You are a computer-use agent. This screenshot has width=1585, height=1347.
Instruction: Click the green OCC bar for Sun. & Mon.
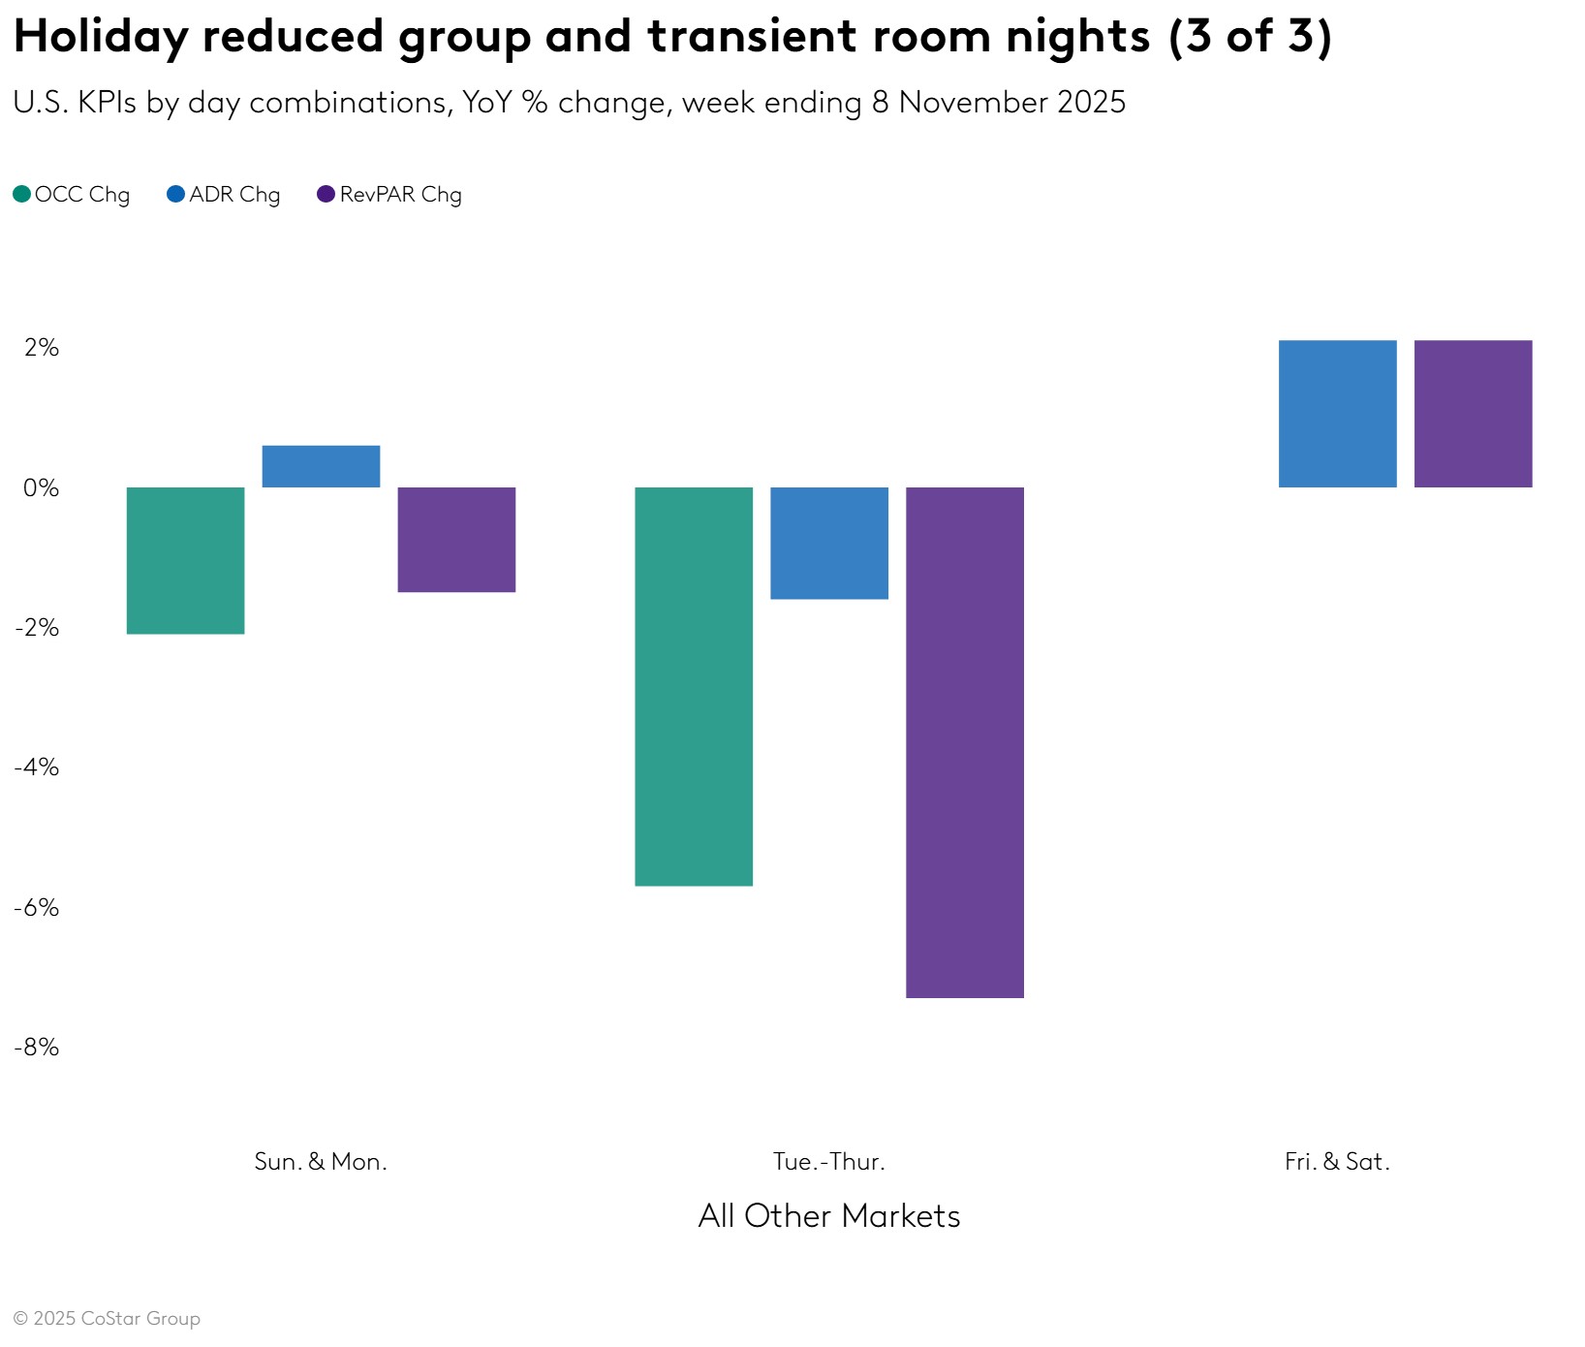(x=185, y=560)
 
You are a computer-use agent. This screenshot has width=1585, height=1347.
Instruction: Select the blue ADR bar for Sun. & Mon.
(x=321, y=466)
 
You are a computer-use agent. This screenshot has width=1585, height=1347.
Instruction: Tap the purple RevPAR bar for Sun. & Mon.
(x=456, y=539)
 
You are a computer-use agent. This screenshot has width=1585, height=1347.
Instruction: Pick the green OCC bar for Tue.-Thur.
(x=694, y=686)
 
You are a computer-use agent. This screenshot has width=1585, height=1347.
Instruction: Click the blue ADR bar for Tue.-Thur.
(x=829, y=543)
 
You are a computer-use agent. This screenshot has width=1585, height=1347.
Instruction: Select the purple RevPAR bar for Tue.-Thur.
(x=965, y=742)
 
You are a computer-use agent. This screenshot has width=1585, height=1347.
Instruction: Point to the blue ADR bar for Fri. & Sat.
(x=1338, y=414)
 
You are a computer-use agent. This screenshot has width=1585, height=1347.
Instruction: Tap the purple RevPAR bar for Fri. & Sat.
(x=1474, y=414)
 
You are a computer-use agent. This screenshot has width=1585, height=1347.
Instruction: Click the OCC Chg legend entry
(x=72, y=195)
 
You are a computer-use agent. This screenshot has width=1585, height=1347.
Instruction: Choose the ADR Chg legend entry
(x=224, y=195)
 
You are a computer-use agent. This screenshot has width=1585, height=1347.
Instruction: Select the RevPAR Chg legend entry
(x=389, y=195)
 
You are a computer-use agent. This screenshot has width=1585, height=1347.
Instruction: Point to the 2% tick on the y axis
(x=42, y=348)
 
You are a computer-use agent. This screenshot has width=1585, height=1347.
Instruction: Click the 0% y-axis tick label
(x=42, y=487)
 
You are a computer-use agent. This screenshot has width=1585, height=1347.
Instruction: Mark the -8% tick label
(x=37, y=1047)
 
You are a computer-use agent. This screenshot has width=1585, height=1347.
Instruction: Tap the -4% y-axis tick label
(x=37, y=767)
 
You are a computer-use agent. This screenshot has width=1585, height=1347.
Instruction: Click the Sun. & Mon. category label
(x=321, y=1161)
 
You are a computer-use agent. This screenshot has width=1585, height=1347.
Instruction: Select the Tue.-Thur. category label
(x=829, y=1161)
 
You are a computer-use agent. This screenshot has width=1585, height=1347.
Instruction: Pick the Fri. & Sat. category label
(x=1337, y=1161)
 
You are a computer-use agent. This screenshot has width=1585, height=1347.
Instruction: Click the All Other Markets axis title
(x=829, y=1216)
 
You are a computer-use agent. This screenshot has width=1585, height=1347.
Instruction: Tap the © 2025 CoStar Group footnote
(x=107, y=1319)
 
